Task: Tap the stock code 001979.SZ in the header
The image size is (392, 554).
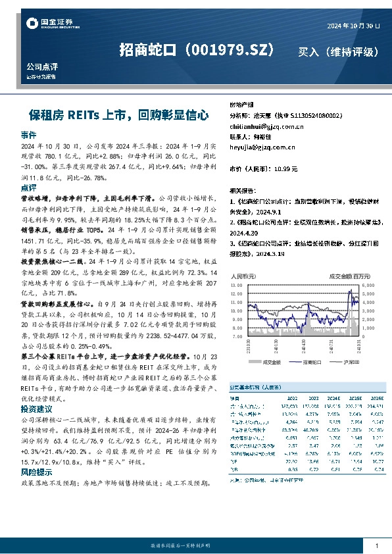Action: click(x=230, y=50)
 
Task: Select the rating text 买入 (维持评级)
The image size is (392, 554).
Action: click(x=337, y=51)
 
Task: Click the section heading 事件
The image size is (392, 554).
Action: click(x=28, y=134)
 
